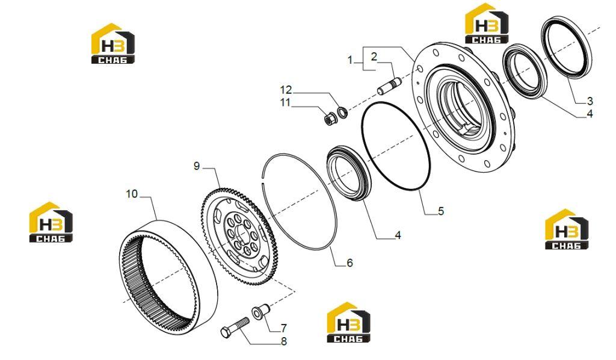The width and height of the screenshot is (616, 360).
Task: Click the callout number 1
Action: (x=350, y=61)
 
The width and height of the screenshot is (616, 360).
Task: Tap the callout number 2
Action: (x=374, y=57)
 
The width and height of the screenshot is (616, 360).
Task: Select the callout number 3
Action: (x=590, y=101)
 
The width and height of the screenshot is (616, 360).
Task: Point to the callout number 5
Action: (x=441, y=211)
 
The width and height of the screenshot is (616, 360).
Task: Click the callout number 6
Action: (x=350, y=262)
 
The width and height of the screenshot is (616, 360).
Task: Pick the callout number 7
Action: (x=283, y=327)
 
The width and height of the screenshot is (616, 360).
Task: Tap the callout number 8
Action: (x=284, y=341)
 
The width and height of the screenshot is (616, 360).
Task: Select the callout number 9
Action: (x=197, y=166)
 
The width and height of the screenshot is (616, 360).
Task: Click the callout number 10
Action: (x=132, y=194)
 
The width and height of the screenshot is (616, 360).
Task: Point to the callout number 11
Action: (x=285, y=102)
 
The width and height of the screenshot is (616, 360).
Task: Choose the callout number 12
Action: (x=286, y=90)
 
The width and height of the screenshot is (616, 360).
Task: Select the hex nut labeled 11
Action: (x=330, y=118)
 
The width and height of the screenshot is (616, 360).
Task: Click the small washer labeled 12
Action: (x=342, y=111)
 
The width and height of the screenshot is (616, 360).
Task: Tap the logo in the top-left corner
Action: (x=112, y=43)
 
